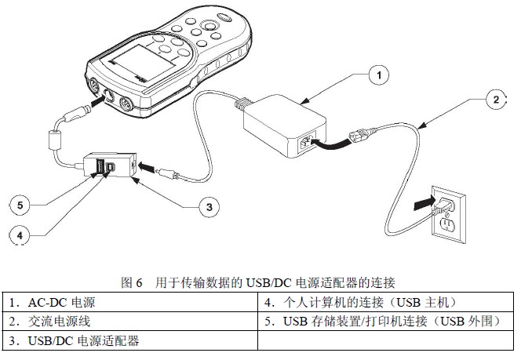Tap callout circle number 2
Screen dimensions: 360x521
point(495,99)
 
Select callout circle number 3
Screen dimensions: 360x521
point(207,206)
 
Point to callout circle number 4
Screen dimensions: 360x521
point(21,233)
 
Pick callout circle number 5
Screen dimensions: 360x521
point(21,205)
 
